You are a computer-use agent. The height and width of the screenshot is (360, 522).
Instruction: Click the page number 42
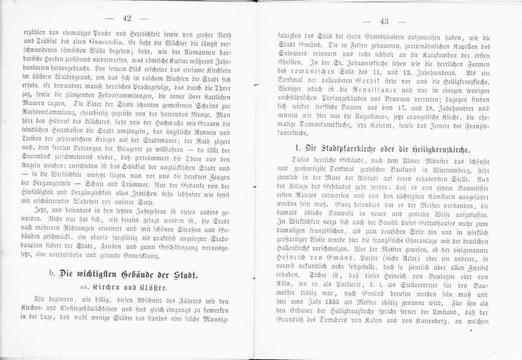tap(128, 18)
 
